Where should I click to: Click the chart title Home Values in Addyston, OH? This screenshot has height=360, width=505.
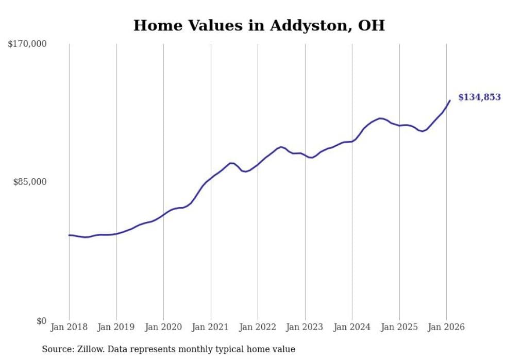259,26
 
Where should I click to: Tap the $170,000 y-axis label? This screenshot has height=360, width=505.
27,44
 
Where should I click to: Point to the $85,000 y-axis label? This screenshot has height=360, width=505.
29,182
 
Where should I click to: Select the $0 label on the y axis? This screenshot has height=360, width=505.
41,321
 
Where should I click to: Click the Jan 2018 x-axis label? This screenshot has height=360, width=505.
69,328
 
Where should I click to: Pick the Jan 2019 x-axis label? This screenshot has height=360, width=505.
116,328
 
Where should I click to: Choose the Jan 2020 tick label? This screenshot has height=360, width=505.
163,328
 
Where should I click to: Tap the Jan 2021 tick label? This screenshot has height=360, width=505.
210,328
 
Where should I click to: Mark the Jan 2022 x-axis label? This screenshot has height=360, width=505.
258,328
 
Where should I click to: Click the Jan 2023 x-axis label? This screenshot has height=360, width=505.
305,328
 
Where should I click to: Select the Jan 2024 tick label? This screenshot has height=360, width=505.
352,328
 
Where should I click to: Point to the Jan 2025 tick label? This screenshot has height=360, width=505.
399,328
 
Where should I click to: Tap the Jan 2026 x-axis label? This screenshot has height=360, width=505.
446,328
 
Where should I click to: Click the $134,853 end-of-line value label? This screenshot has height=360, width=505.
479,97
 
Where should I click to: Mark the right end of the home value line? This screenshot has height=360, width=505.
450,100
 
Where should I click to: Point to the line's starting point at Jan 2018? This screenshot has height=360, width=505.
69,235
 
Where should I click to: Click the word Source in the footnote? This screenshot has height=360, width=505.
56,349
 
